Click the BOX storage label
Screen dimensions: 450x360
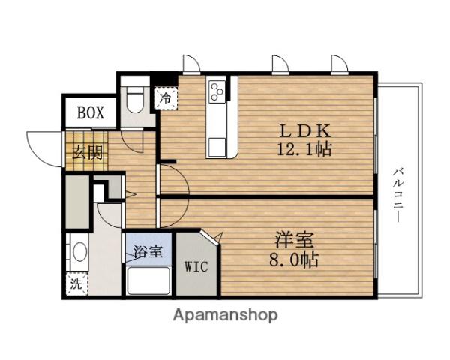click(91, 112)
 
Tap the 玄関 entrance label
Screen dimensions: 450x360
click(87, 152)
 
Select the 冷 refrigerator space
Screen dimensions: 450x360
click(166, 98)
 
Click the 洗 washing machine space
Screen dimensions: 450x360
click(76, 283)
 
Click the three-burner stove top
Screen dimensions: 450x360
click(217, 91)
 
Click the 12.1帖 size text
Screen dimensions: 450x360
click(304, 149)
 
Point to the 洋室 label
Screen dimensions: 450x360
click(295, 241)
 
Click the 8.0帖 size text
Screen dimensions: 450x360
click(294, 259)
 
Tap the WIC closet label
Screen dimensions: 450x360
click(196, 266)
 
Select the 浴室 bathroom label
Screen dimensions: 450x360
click(148, 251)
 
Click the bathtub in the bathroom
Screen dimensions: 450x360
click(148, 280)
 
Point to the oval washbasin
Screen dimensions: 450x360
click(79, 252)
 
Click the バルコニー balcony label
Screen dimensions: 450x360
click(398, 196)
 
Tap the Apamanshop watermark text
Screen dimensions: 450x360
click(225, 315)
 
